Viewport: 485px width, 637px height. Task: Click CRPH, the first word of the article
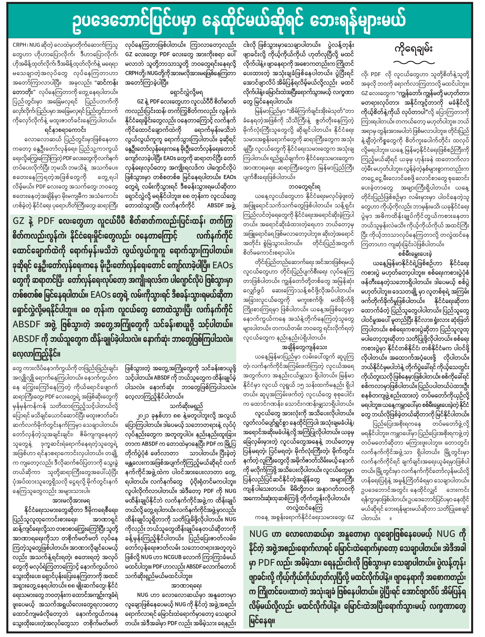point(20,45)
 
